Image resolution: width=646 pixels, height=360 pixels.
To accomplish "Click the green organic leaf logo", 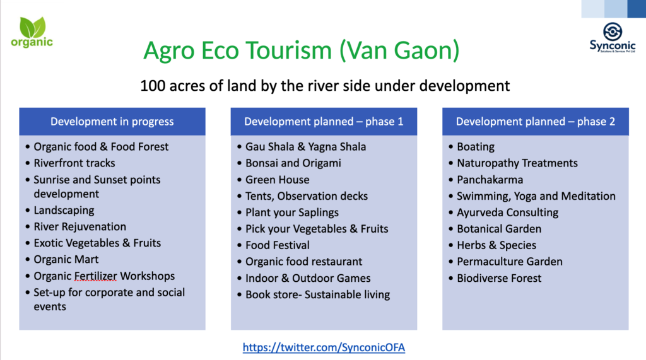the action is [32, 32].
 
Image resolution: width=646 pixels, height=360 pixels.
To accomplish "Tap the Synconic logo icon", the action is [613, 32].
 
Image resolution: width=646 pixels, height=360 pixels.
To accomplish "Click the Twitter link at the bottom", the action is [324, 347].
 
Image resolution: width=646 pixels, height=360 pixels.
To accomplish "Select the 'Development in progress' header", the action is [112, 122].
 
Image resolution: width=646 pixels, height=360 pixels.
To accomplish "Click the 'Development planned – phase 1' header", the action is [324, 122].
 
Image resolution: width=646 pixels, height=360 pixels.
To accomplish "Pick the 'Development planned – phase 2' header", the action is [536, 122].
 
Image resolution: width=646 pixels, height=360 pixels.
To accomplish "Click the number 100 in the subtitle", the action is [153, 86].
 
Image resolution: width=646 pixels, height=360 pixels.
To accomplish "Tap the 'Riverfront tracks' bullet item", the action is [74, 163].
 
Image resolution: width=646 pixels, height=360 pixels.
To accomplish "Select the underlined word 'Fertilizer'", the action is [96, 276].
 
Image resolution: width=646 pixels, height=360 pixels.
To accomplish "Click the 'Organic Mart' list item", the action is [66, 260].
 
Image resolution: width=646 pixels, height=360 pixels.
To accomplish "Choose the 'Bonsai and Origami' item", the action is [293, 163].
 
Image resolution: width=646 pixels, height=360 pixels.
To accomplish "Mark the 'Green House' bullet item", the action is [278, 180].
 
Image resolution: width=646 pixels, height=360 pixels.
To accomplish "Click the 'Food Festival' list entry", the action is [278, 245].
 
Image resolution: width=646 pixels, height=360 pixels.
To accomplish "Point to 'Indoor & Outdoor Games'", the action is [308, 278].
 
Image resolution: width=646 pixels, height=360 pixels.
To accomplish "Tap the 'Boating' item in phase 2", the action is [476, 147].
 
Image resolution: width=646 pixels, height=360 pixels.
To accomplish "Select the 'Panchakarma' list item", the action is [490, 180].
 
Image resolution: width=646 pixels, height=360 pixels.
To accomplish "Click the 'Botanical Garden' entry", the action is [499, 229].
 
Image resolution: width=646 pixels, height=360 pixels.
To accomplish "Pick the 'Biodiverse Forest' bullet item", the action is [499, 278].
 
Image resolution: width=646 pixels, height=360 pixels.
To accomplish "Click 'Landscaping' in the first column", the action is [64, 210].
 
